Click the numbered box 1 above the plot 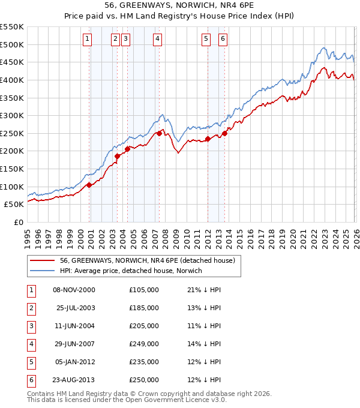pyautogui.click(x=88, y=39)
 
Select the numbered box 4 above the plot pyautogui.click(x=157, y=39)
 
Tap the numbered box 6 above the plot pyautogui.click(x=223, y=39)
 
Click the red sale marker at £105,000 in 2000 pyautogui.click(x=89, y=185)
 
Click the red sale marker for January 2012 pyautogui.click(x=208, y=139)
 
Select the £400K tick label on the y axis pyautogui.click(x=12, y=80)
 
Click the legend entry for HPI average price pyautogui.click(x=131, y=271)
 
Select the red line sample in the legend pyautogui.click(x=43, y=260)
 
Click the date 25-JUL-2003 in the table pyautogui.click(x=76, y=308)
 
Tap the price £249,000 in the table pyautogui.click(x=144, y=344)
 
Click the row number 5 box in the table pyautogui.click(x=29, y=362)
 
